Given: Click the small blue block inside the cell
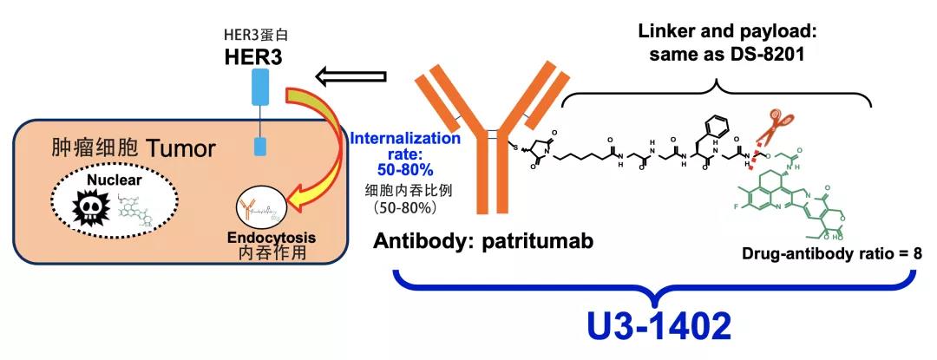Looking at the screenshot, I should pos(259,145).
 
